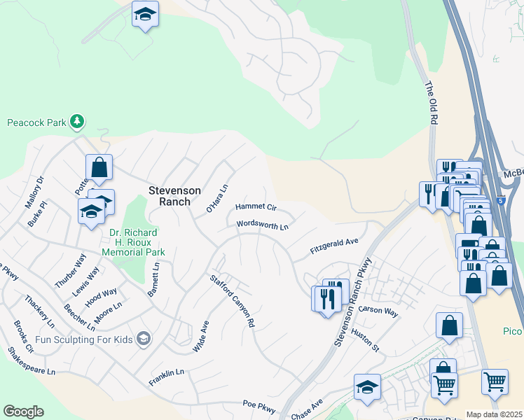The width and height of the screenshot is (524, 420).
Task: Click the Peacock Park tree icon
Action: click(77, 122)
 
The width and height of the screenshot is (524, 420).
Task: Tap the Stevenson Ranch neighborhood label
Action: click(175, 196)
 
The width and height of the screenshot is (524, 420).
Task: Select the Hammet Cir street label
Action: click(256, 207)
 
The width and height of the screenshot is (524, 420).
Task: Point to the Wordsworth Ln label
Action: click(263, 226)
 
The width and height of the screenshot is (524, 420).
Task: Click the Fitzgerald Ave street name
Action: click(334, 246)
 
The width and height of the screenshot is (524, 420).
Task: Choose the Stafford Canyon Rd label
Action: click(232, 302)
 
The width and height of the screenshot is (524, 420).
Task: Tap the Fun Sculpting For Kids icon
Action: click(144, 339)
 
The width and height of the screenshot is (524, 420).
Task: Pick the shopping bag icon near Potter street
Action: click(99, 167)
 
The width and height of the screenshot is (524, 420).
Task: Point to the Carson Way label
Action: click(378, 311)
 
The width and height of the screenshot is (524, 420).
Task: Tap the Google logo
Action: click(23, 412)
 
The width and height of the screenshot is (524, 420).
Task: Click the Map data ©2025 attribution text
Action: click(495, 414)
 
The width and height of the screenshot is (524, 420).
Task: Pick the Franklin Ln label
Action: click(166, 378)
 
